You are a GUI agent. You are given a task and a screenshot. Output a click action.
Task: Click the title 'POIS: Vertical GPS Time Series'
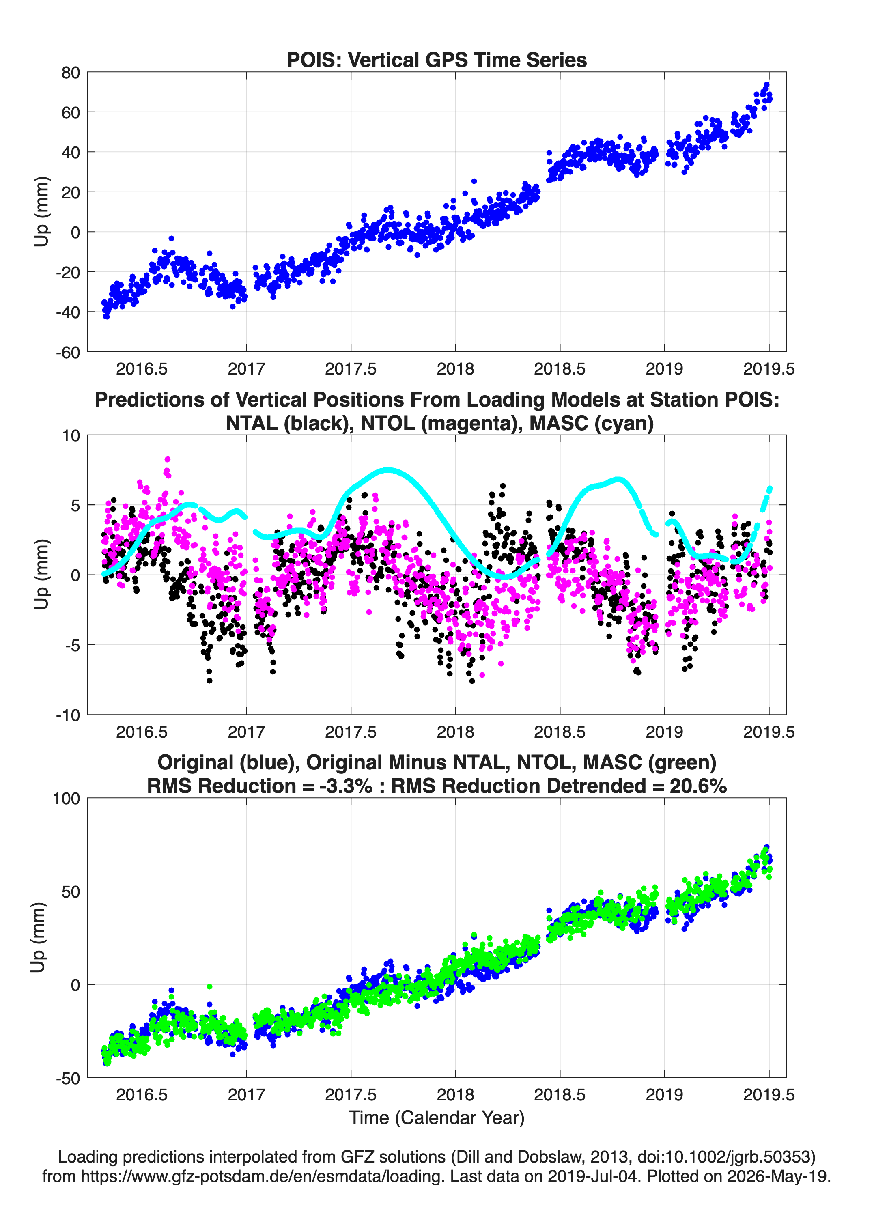(437, 60)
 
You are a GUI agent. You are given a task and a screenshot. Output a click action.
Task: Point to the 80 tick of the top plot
(71, 73)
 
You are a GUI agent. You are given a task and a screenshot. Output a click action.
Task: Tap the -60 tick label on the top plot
(68, 352)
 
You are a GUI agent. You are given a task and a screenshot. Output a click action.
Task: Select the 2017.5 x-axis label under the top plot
(351, 369)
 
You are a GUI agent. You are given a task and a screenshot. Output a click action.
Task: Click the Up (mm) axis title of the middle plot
(41, 575)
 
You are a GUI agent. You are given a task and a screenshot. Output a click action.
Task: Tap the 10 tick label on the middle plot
(71, 436)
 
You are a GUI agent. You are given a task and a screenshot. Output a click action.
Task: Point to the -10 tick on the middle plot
(68, 715)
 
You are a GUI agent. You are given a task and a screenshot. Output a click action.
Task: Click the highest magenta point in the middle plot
(168, 459)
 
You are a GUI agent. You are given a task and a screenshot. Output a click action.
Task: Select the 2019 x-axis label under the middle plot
(664, 732)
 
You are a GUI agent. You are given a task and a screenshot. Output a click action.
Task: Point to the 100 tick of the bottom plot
(67, 799)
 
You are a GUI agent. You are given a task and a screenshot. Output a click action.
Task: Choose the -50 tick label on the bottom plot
(68, 1078)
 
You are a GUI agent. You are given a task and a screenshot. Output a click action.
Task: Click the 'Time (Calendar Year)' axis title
(437, 1118)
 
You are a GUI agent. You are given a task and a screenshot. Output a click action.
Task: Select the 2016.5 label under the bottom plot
(142, 1095)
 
